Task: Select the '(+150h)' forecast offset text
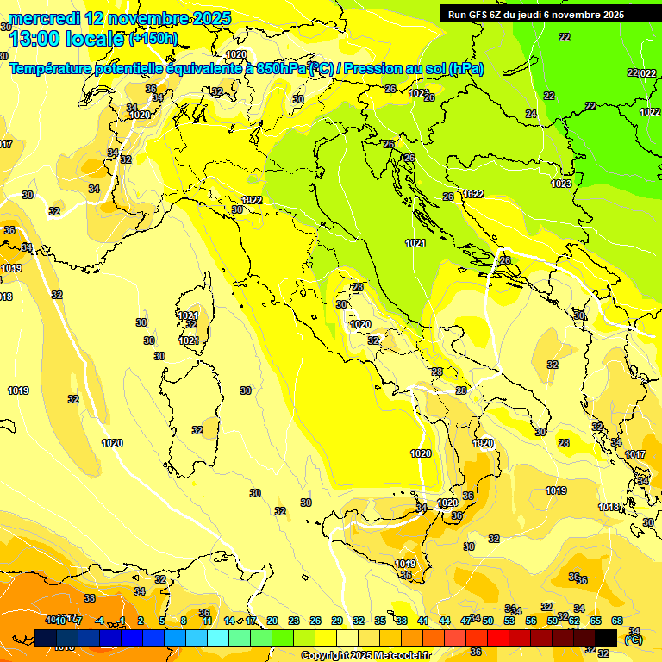tap(153, 38)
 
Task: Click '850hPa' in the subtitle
tap(280, 69)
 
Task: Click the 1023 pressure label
tap(561, 184)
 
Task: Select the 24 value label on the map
tap(530, 114)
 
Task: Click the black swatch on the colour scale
tap(606, 637)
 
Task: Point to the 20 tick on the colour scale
tap(272, 621)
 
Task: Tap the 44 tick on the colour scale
tap(445, 621)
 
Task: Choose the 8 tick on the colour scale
tap(184, 621)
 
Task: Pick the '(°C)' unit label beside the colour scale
tap(634, 639)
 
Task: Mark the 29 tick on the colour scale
tap(336, 621)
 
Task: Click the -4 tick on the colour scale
tap(99, 621)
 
